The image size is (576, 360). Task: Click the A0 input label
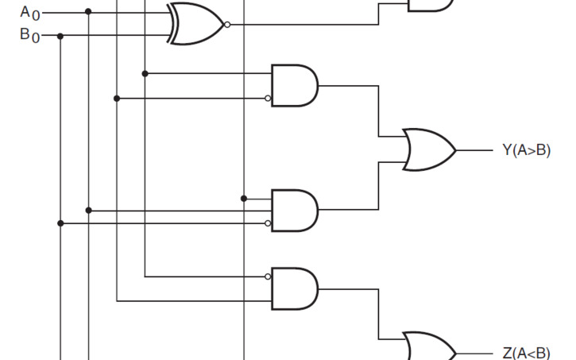pos(29,13)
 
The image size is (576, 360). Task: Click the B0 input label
pos(29,36)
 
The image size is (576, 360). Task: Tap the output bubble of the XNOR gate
pos(227,25)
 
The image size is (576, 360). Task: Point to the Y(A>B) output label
pos(526,150)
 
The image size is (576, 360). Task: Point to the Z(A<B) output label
pos(526,354)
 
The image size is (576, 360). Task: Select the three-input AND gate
pos(295,211)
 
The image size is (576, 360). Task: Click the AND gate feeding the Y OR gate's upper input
pos(295,85)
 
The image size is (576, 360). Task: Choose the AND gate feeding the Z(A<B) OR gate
pos(295,288)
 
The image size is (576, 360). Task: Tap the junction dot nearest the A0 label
pos(88,12)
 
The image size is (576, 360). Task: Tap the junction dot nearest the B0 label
pos(60,36)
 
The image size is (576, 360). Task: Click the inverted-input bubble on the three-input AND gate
pos(268,223)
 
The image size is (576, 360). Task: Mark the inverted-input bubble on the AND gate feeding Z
pos(268,277)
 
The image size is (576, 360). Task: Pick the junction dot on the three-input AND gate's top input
pos(244,199)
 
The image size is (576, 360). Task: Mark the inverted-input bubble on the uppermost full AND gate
pos(268,99)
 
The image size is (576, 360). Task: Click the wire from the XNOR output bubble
pos(302,25)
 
